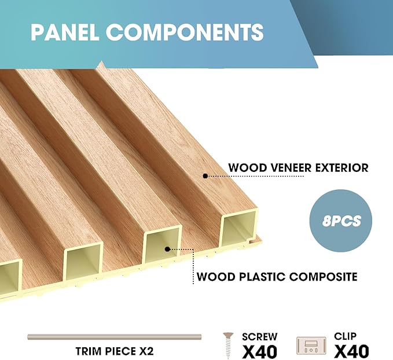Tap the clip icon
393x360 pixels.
point(311,346)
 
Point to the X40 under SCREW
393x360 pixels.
point(259,351)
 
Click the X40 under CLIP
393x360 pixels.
point(351,351)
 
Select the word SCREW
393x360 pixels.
point(260,336)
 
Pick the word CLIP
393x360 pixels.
point(346,336)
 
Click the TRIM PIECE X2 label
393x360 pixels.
point(114,351)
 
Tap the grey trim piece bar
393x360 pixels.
point(114,337)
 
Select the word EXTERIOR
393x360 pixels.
point(341,168)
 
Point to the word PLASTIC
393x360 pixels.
point(256,276)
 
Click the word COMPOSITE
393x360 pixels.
point(323,276)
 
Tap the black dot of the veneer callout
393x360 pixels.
point(205,175)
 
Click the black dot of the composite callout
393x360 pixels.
point(167,249)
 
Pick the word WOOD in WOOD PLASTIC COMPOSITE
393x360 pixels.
point(213,276)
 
